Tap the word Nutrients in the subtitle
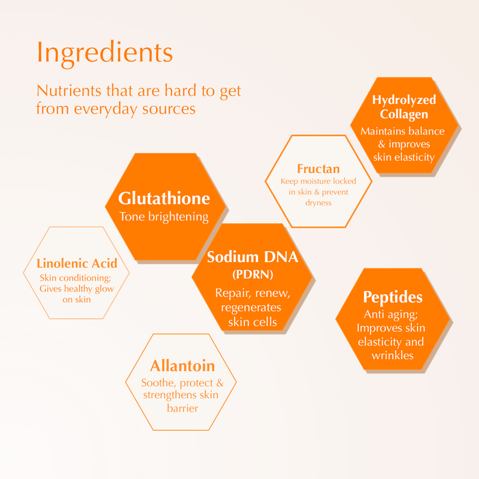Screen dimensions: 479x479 pos(69,91)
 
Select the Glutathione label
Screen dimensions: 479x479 pos(164,198)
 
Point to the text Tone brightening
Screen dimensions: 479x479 pos(164,217)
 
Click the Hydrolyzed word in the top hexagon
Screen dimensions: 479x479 pos(404,100)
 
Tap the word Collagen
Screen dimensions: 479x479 pos(404,114)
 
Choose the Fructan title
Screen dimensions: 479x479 pos(318,168)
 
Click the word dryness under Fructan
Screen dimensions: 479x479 pos(318,203)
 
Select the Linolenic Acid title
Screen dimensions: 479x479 pos(77,263)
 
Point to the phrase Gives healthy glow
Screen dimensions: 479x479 pos(77,289)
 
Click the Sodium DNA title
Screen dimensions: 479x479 pos(253,257)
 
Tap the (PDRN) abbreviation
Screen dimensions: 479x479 pos(253,274)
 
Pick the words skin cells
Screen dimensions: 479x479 pos(253,322)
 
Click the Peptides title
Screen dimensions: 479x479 pos(393,297)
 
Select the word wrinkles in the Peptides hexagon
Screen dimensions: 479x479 pos(393,355)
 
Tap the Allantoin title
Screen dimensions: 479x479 pos(183,365)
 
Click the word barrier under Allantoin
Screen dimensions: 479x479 pos(183,408)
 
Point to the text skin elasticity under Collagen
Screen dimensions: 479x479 pos(404,157)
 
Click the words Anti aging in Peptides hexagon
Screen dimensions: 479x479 pos(391,315)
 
